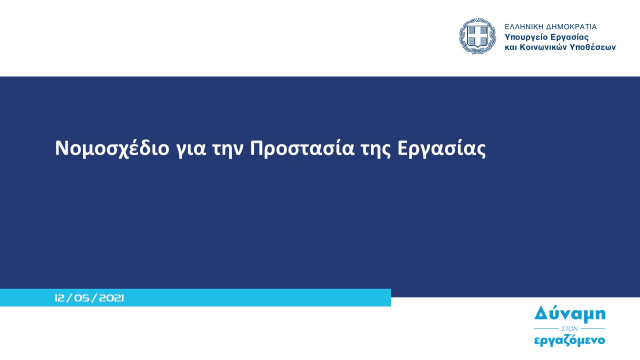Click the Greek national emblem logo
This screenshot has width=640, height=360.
pyautogui.click(x=477, y=36)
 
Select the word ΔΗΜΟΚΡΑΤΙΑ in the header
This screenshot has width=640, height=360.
pyautogui.click(x=571, y=27)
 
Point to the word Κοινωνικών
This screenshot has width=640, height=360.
pyautogui.click(x=543, y=47)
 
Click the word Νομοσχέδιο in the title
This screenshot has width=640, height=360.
pyautogui.click(x=112, y=148)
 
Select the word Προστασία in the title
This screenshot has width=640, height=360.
pyautogui.click(x=302, y=148)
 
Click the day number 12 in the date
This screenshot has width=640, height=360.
pyautogui.click(x=59, y=298)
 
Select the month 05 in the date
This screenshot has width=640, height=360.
pyautogui.click(x=82, y=298)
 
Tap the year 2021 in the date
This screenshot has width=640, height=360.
pyautogui.click(x=111, y=298)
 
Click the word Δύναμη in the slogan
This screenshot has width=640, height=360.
pyautogui.click(x=570, y=314)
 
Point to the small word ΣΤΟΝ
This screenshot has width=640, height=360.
pyautogui.click(x=569, y=329)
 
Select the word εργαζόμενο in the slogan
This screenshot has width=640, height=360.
pyautogui.click(x=569, y=341)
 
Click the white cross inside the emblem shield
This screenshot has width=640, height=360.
pyautogui.click(x=477, y=36)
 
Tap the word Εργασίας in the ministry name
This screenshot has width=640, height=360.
pyautogui.click(x=569, y=37)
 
